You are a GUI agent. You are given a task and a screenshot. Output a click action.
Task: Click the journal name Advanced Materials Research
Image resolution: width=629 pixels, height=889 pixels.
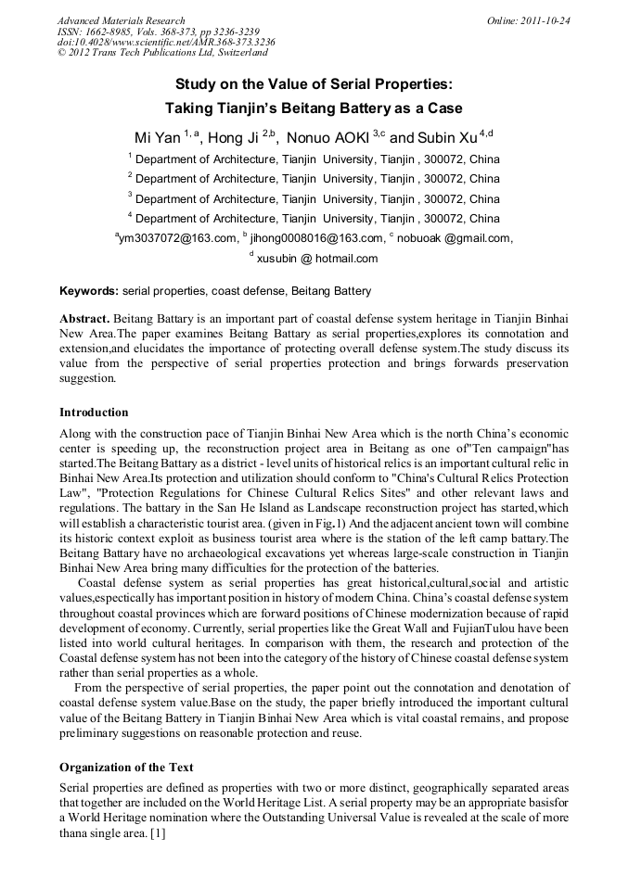121,20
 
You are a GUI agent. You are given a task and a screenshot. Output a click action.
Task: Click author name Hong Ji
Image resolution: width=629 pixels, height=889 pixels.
233,138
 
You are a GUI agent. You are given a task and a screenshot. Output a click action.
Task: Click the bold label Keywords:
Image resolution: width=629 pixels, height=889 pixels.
89,291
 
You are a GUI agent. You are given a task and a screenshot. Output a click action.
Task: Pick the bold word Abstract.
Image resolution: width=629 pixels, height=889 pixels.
86,318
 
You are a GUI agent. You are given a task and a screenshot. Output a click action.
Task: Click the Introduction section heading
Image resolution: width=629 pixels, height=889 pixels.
94,412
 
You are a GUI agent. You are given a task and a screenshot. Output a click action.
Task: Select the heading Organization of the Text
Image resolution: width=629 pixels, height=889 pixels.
126,767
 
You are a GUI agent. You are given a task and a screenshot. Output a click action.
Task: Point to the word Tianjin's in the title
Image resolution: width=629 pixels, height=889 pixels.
241,108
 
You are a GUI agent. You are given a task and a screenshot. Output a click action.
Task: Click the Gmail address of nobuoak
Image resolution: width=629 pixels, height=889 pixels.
456,239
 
